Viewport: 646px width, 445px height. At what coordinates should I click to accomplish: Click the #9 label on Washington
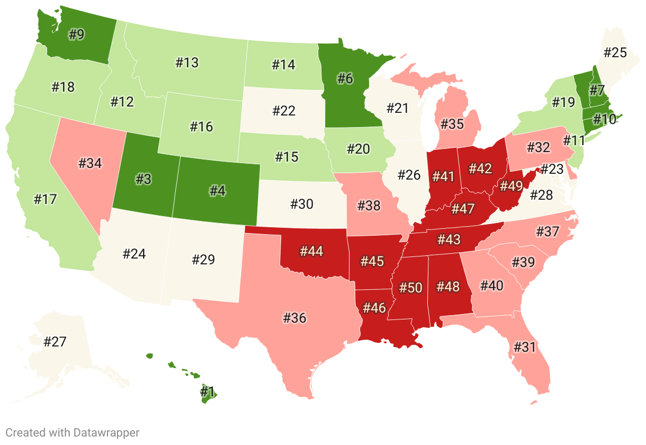click(x=77, y=35)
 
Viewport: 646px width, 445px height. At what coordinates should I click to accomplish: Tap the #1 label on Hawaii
click(x=207, y=392)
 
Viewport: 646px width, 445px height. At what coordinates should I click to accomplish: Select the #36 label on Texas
click(x=294, y=318)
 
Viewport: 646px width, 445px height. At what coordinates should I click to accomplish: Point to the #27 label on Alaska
click(x=55, y=341)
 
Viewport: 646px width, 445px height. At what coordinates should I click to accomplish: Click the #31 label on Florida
click(x=524, y=348)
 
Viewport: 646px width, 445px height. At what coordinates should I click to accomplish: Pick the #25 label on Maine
click(x=615, y=52)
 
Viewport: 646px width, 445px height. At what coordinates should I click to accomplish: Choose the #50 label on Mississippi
click(x=410, y=288)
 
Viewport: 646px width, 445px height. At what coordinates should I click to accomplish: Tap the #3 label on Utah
click(x=143, y=179)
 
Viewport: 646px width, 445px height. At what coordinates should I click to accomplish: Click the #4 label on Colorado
click(x=218, y=191)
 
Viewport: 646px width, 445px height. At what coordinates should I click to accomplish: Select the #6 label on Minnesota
click(x=345, y=78)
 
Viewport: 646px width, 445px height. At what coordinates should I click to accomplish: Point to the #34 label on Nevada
click(x=90, y=163)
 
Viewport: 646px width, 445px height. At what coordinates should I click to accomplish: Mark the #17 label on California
click(x=45, y=200)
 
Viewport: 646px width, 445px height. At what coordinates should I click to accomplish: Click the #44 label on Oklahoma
click(x=311, y=251)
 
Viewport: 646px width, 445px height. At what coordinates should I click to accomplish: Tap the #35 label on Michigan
click(x=452, y=125)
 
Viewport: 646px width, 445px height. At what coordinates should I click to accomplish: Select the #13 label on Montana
click(x=187, y=63)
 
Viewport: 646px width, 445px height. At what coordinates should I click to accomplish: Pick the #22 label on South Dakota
click(x=284, y=111)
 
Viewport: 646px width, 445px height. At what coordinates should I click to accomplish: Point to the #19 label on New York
click(x=563, y=102)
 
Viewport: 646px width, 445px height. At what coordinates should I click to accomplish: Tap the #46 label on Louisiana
click(x=374, y=308)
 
